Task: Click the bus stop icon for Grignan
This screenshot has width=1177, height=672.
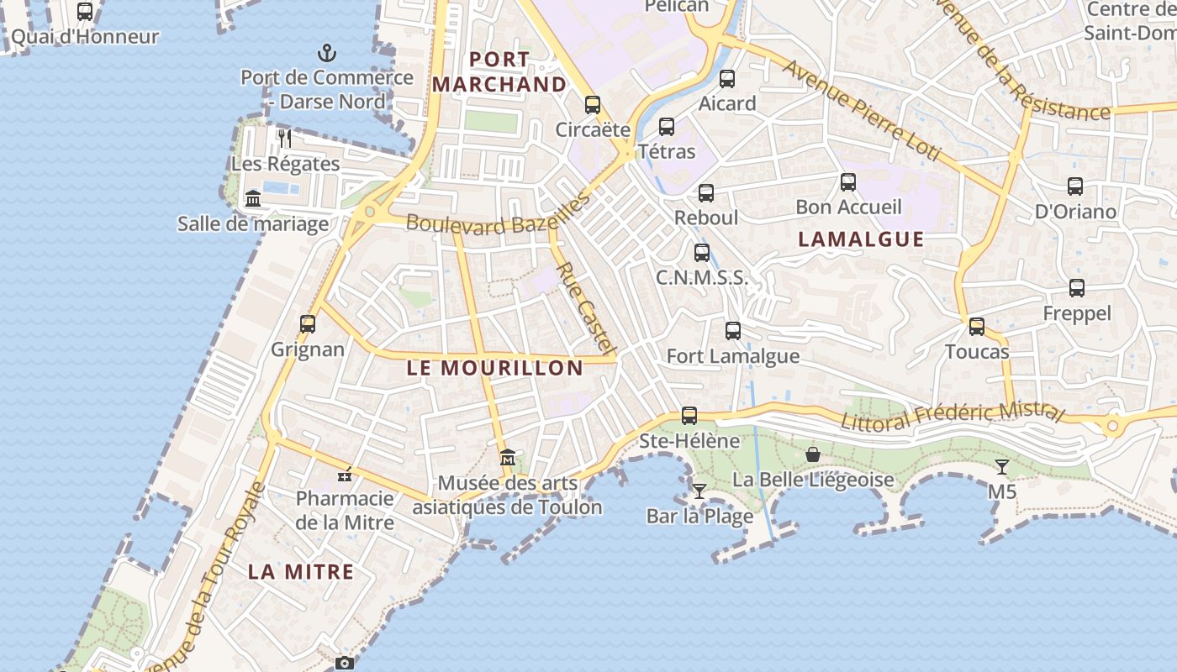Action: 308,323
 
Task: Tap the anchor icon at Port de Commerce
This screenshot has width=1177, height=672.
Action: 326,54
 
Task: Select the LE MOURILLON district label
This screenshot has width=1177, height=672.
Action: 494,368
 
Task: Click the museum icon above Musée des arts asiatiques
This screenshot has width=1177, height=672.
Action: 508,458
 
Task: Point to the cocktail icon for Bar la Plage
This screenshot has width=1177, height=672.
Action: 699,491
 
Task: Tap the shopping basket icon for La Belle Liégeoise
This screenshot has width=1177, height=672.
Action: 813,454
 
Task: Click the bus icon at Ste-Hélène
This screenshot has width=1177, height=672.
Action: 689,415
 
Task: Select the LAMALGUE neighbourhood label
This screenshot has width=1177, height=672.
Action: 861,239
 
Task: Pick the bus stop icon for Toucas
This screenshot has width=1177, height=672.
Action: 977,326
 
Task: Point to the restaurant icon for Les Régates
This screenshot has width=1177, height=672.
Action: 285,138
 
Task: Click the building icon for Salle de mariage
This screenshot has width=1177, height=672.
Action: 253,198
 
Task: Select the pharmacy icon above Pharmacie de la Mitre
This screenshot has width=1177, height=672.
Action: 345,475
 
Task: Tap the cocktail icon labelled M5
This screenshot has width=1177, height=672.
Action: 1002,466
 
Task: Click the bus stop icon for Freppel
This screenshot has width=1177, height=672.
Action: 1077,288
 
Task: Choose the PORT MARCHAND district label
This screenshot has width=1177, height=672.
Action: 499,72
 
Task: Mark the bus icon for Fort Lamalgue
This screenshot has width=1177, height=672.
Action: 733,331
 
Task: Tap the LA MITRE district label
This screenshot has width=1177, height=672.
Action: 300,572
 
